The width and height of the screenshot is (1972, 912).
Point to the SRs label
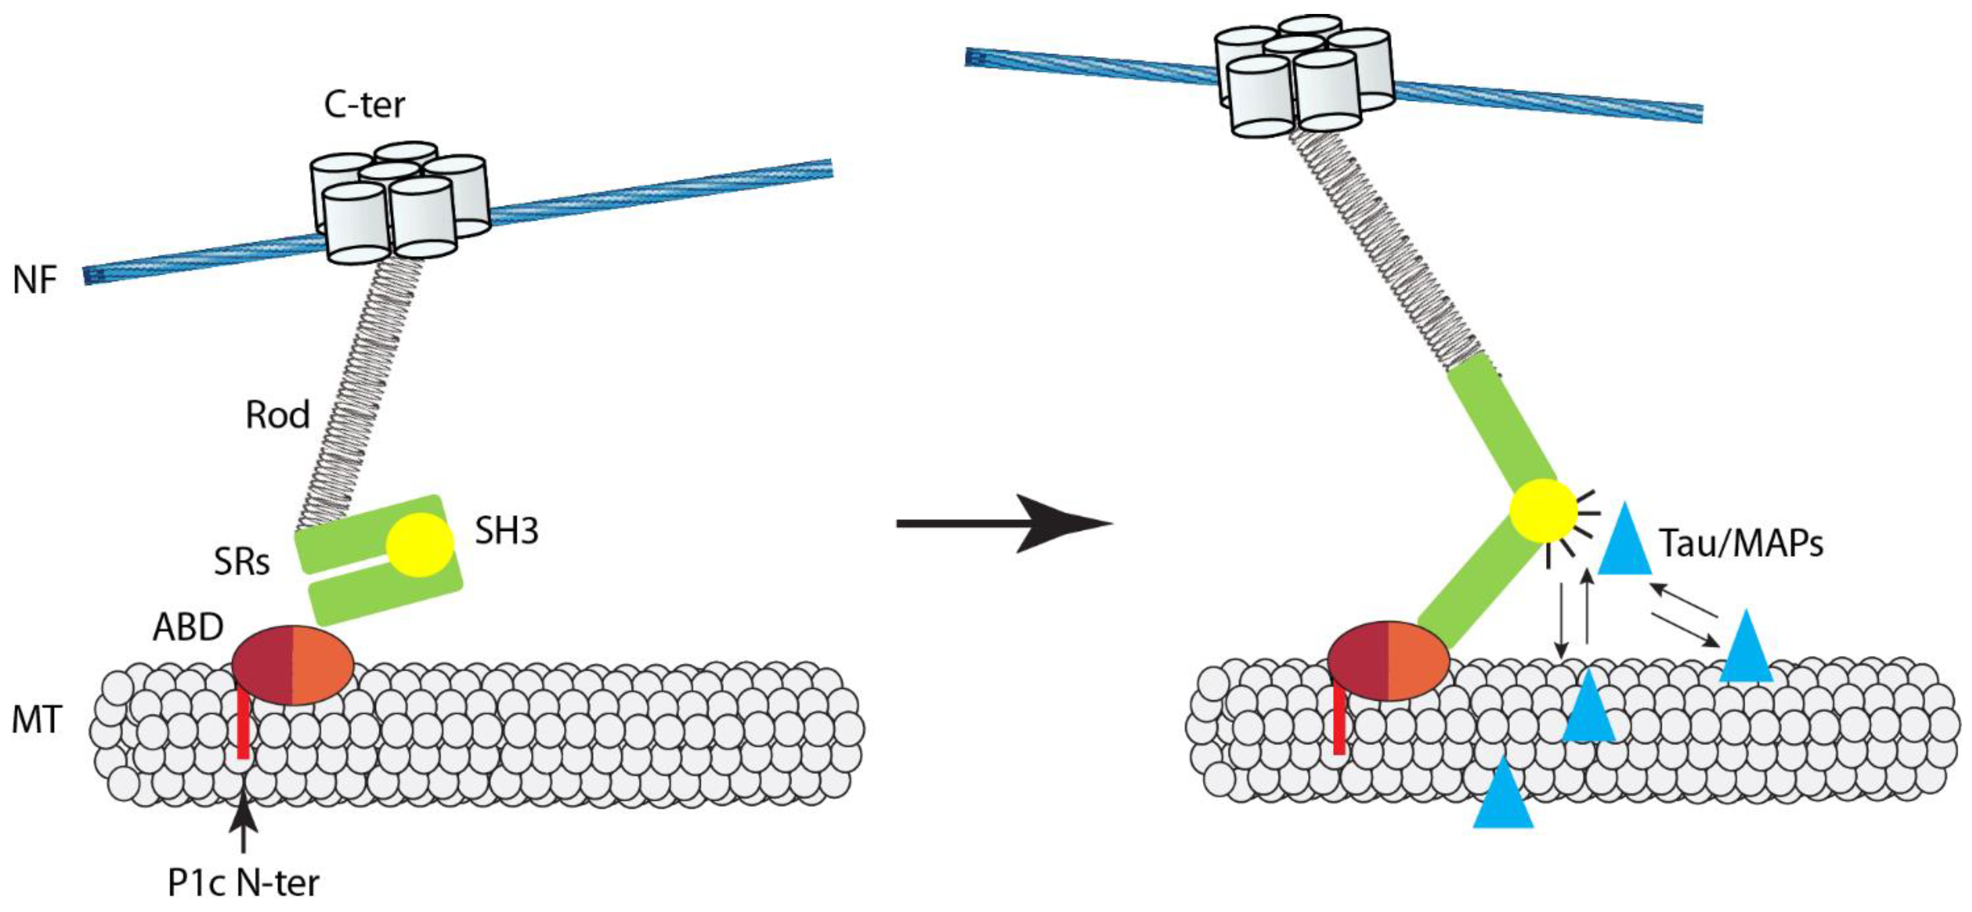pyautogui.click(x=242, y=563)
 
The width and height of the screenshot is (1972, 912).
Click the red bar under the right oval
pyautogui.click(x=1339, y=719)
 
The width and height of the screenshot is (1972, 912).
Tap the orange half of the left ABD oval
pyautogui.click(x=321, y=664)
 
